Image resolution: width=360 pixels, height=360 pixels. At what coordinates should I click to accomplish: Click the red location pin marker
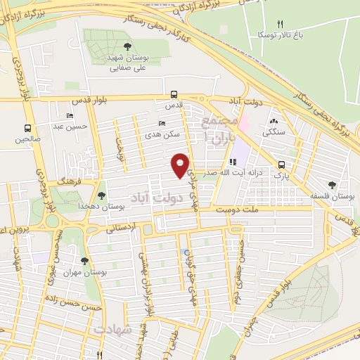[180, 165]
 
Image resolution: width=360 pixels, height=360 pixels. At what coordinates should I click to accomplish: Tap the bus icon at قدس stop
[174, 94]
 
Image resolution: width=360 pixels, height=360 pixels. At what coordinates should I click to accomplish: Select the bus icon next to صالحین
[27, 129]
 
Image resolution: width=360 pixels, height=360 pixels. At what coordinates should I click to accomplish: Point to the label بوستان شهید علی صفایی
[112, 63]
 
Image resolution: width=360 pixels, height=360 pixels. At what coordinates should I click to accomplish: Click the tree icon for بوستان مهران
[84, 262]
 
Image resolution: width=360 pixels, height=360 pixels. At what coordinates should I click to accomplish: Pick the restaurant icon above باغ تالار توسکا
[281, 25]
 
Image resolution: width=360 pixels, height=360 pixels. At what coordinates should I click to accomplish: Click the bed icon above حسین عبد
[69, 116]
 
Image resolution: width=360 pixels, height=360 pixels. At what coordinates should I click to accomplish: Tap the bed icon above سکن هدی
[162, 124]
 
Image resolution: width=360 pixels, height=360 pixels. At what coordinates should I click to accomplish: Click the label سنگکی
[272, 132]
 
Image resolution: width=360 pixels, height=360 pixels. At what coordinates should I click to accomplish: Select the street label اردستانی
[122, 229]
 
